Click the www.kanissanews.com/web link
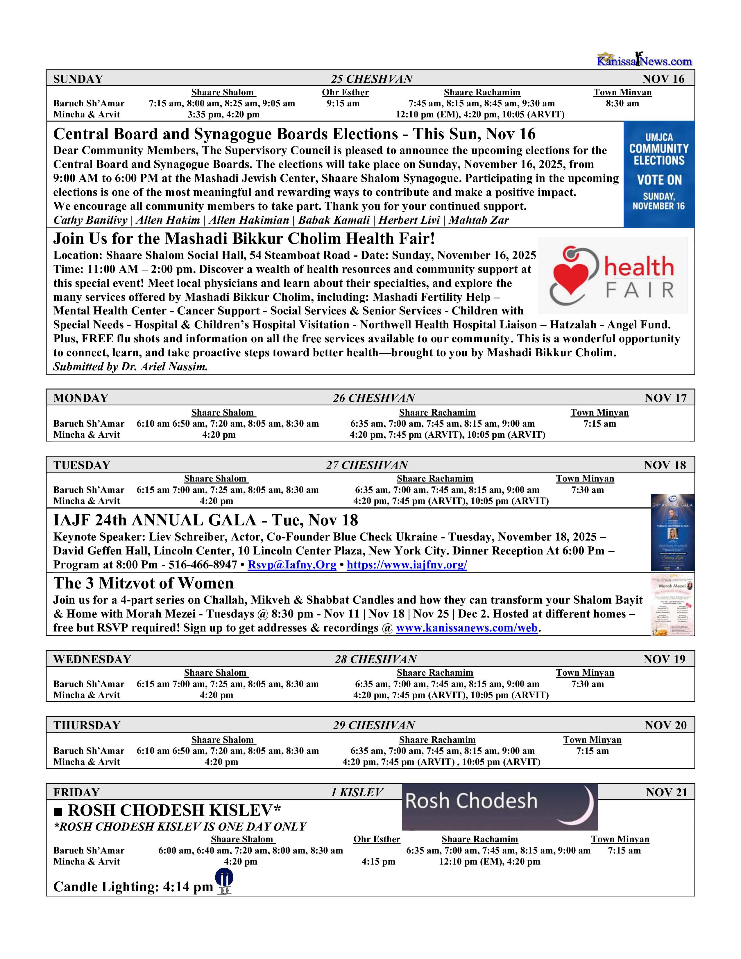(x=467, y=628)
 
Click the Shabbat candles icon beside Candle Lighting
(x=224, y=883)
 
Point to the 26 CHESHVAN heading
(x=374, y=398)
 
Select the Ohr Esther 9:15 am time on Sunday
(x=343, y=104)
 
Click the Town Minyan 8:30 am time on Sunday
(x=622, y=104)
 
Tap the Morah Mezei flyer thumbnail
(x=672, y=605)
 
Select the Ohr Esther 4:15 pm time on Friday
(x=378, y=862)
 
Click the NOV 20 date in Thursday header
(x=665, y=725)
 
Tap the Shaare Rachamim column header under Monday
(x=437, y=413)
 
